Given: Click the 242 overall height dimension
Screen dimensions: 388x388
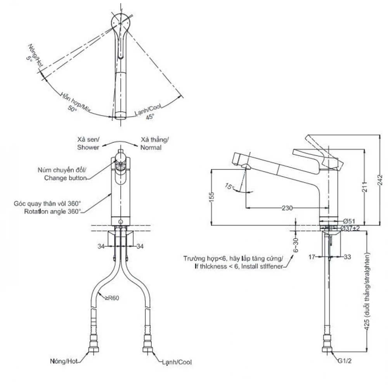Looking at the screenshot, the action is point(380,180).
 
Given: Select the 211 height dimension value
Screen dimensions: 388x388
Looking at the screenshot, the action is point(365,187).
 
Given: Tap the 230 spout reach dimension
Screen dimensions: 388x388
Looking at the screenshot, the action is point(287,208).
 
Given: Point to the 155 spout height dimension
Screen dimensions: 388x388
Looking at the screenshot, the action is point(211,197).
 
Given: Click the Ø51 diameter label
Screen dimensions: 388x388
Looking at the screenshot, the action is point(349,221).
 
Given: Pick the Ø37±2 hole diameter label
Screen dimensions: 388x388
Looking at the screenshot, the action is point(350,228).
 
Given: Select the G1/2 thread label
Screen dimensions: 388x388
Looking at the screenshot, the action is point(345,361).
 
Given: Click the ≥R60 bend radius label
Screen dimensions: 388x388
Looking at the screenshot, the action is point(112,298).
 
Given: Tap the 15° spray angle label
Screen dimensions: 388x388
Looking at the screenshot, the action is point(229,186).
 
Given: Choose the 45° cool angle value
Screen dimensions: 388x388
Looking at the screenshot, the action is point(149,117).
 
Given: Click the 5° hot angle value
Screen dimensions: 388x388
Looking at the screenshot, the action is point(29,59).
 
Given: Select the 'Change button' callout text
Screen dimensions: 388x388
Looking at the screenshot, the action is point(65,178).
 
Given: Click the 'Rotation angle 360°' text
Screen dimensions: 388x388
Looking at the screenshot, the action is point(53,211).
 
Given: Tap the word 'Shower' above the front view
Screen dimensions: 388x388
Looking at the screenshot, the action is point(88,147).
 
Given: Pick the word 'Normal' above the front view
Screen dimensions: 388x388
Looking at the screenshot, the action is point(151,148).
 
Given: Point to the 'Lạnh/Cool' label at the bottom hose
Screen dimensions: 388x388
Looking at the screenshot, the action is point(177,362).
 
